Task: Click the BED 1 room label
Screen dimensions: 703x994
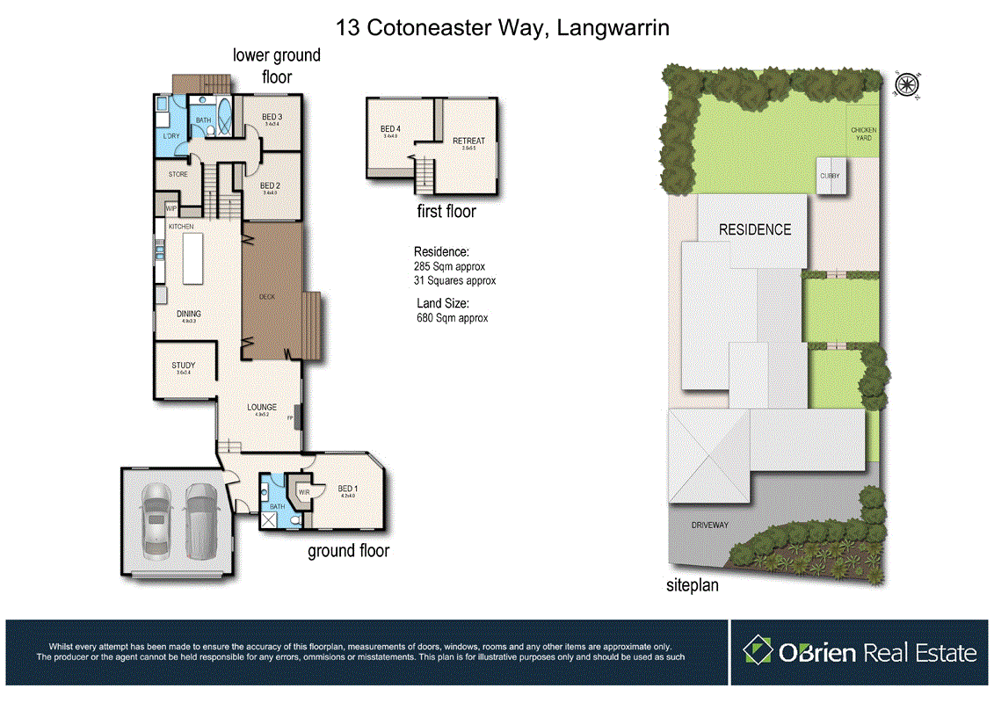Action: [x=347, y=489]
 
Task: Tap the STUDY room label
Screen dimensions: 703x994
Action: [x=183, y=366]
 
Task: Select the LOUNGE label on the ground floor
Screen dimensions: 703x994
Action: [x=261, y=407]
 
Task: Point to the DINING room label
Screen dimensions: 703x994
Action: [x=188, y=314]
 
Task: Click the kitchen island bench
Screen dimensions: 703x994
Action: [x=193, y=257]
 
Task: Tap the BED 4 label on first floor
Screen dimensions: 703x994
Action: [x=389, y=129]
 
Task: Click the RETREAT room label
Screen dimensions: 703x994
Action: [x=468, y=141]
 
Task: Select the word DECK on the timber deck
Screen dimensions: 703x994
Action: [x=267, y=297]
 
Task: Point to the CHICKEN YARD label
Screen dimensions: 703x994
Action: [x=863, y=134]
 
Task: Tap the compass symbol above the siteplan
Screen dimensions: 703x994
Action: [x=904, y=84]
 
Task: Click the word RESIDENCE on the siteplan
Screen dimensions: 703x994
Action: [x=754, y=229]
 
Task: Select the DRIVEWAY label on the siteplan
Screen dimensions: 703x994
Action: [x=709, y=525]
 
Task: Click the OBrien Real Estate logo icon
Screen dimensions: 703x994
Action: [x=758, y=651]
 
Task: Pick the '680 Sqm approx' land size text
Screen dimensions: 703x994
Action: [x=452, y=318]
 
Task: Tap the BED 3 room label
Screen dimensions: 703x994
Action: [x=272, y=117]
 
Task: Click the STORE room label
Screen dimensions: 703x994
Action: [x=178, y=174]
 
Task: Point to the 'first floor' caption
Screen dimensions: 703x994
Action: [x=446, y=211]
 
